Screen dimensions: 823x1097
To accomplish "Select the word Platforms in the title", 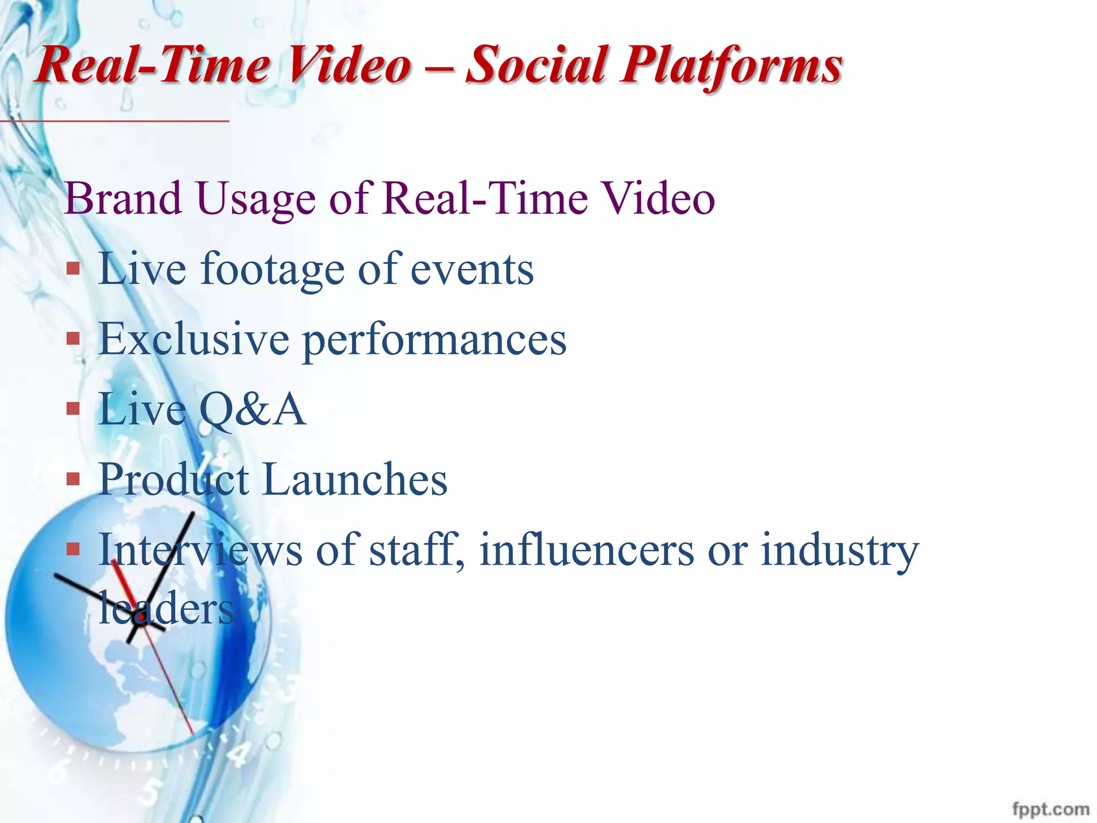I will [731, 67].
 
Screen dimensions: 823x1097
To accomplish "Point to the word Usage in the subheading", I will [256, 200].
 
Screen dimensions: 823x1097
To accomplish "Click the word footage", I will [272, 270].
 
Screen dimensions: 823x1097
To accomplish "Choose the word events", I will [472, 270].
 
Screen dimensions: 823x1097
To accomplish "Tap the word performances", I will [434, 341].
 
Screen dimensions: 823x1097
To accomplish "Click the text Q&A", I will [252, 410].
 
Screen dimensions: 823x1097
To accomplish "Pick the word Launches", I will [355, 480].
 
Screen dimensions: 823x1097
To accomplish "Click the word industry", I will [839, 551].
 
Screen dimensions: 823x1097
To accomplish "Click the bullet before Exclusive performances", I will [73, 339].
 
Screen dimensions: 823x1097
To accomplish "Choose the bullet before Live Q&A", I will [73, 409].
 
